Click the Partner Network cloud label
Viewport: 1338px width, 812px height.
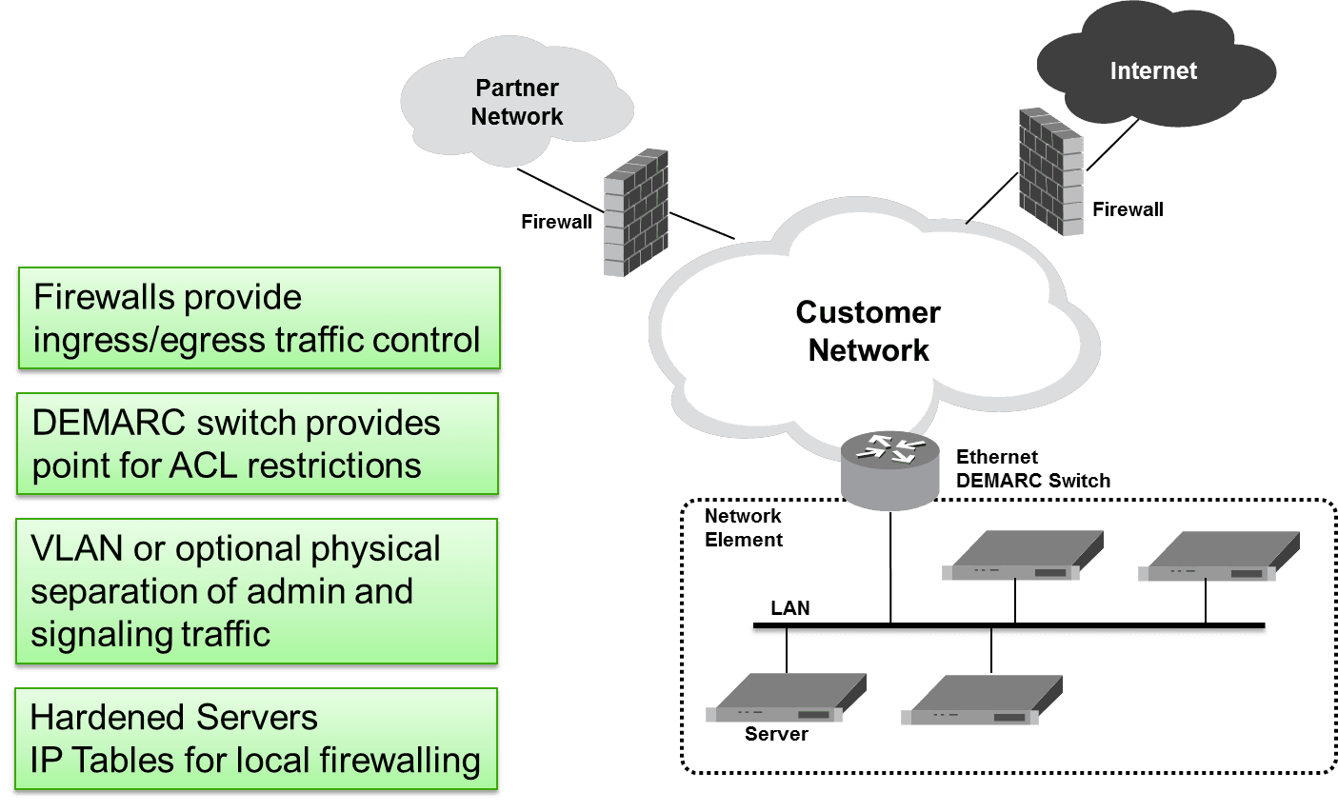coord(517,102)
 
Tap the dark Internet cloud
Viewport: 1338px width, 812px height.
coord(1153,71)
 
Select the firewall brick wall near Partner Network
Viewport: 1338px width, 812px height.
coord(634,212)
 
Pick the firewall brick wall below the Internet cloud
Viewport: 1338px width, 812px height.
coord(1050,171)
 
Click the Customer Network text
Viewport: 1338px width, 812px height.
coord(868,330)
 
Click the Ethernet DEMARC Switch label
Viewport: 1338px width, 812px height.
coord(1032,468)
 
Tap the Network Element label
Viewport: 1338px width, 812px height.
coord(743,527)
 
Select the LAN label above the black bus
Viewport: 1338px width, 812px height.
coord(789,607)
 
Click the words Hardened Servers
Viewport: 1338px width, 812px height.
coord(173,717)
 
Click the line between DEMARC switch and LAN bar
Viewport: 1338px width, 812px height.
coord(890,566)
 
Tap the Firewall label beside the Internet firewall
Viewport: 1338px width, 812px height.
coord(1128,209)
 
